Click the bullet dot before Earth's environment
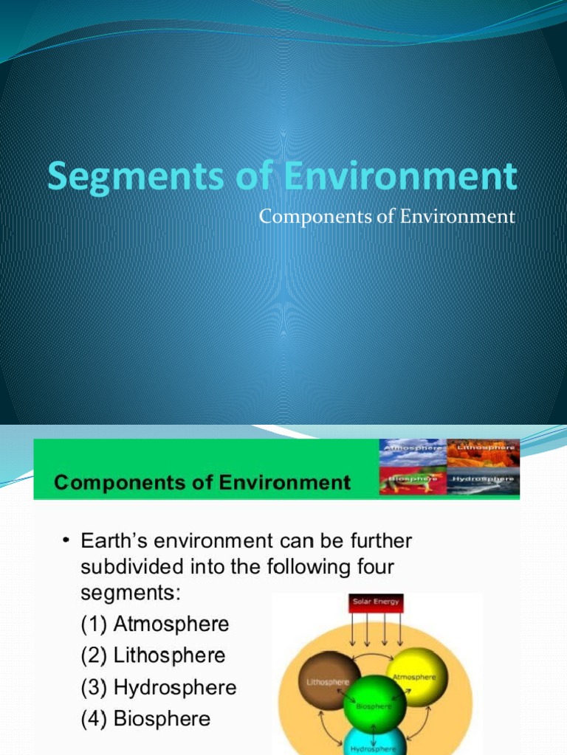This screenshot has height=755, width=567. pyautogui.click(x=66, y=542)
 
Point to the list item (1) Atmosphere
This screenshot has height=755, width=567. pyautogui.click(x=155, y=624)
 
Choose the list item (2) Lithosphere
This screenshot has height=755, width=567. pyautogui.click(x=153, y=655)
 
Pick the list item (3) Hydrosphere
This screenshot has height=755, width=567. pyautogui.click(x=159, y=688)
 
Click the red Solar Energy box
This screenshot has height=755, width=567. pyautogui.click(x=376, y=603)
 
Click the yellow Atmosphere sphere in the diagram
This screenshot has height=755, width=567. pyautogui.click(x=417, y=676)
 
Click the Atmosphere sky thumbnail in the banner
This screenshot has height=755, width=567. pyautogui.click(x=413, y=452)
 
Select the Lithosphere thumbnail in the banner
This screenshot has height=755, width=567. pyautogui.click(x=483, y=452)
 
